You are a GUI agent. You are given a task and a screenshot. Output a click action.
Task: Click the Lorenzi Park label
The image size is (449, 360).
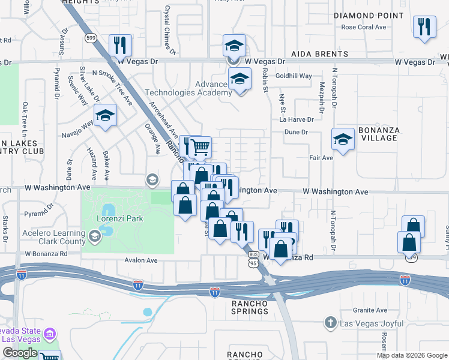tap(120, 219)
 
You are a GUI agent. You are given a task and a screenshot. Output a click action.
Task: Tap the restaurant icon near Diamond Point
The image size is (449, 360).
tap(424, 27)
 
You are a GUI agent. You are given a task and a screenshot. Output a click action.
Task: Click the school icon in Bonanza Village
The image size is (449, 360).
tap(343, 139)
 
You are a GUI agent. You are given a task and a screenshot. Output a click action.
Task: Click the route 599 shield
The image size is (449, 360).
tap(91, 38)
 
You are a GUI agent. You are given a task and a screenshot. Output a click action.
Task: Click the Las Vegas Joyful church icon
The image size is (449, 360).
tap(330, 323)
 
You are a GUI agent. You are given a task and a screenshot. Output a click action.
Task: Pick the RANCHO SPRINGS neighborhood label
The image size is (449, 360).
tap(249, 308)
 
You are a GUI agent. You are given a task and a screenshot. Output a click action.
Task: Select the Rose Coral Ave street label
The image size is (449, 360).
tap(363, 27)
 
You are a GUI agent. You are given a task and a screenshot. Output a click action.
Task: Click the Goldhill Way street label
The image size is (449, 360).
tap(294, 76)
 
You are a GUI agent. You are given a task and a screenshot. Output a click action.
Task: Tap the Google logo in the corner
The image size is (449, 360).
tap(20, 353)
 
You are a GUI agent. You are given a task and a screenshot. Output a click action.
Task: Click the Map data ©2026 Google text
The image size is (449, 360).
tap(412, 355)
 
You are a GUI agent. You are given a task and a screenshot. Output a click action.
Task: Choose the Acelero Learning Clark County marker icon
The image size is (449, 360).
tap(94, 238)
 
